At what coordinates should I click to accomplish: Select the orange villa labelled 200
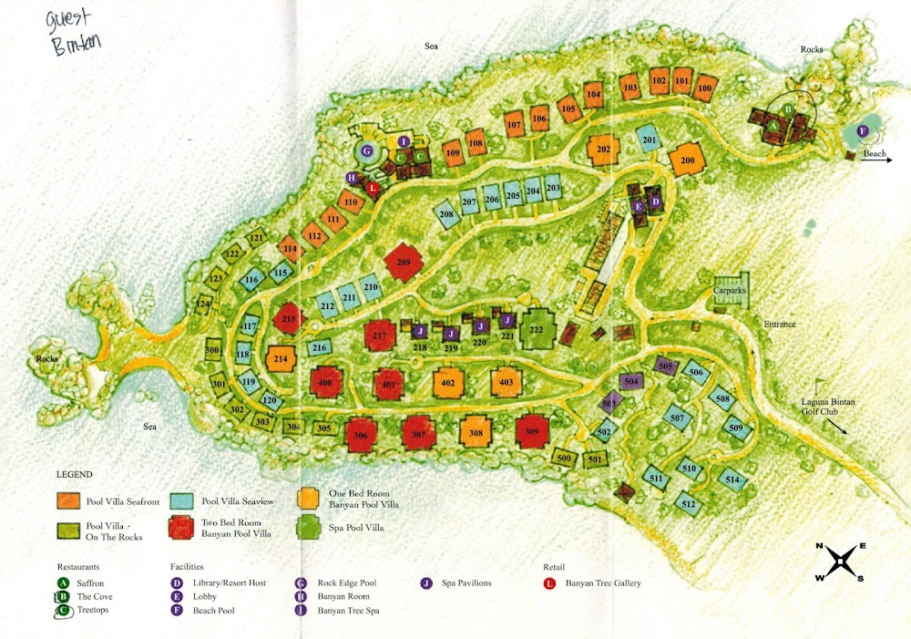(x=687, y=160)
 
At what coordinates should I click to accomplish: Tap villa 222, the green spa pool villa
(x=537, y=329)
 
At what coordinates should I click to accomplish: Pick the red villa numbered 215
(x=289, y=319)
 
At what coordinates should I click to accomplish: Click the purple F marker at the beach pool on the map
(x=863, y=130)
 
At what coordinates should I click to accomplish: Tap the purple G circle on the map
(x=367, y=150)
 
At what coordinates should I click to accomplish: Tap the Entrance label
(x=780, y=324)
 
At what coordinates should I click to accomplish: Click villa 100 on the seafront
(x=703, y=89)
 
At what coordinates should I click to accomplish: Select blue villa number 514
(x=732, y=479)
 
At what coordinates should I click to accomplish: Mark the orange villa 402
(x=447, y=383)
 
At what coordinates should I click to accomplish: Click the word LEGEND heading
(x=74, y=475)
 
